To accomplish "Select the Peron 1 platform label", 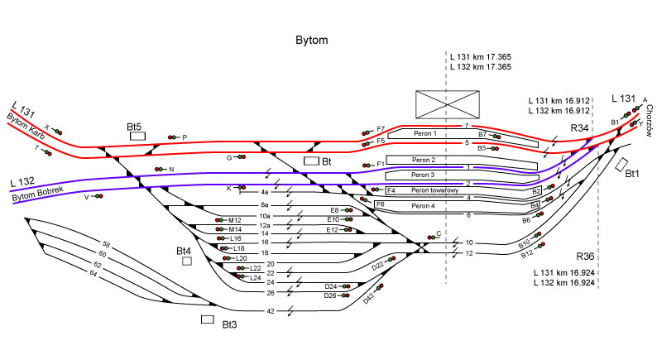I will click(x=423, y=133).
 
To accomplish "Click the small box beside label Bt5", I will click(x=137, y=137).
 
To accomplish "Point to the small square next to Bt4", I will click(x=187, y=261).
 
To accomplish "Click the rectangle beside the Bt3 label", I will click(x=208, y=319).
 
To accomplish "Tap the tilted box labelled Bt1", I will click(x=621, y=165).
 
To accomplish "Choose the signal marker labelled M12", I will click(x=219, y=220).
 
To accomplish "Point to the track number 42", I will click(x=271, y=311).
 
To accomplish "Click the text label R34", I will click(x=579, y=128).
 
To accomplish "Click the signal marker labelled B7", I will click(x=496, y=134).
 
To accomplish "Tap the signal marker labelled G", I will click(x=241, y=156).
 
